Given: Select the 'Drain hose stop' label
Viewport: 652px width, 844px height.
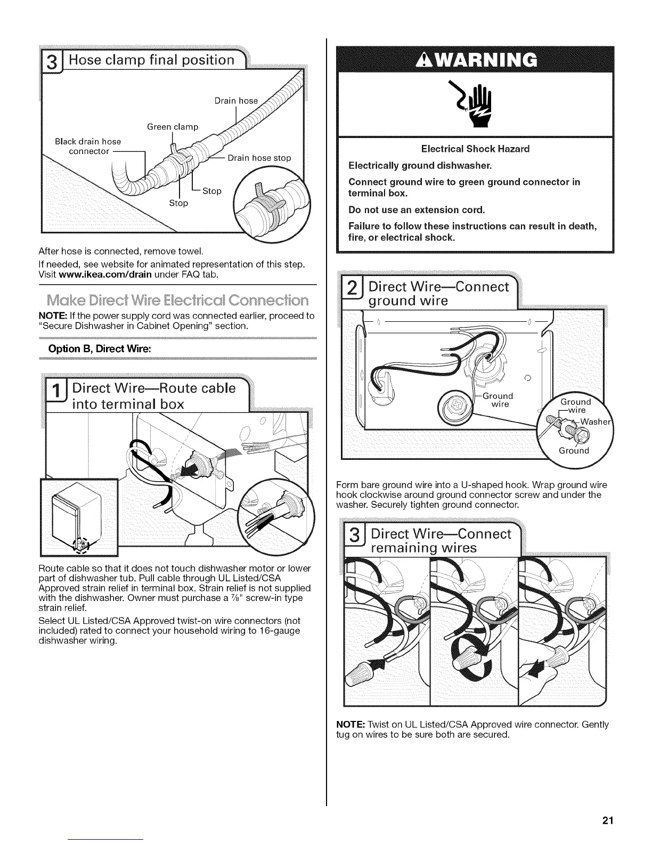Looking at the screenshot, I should (259, 158).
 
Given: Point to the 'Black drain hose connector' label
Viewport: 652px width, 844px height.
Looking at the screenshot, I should (88, 146).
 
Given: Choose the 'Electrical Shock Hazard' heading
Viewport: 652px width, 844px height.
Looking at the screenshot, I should (475, 149).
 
